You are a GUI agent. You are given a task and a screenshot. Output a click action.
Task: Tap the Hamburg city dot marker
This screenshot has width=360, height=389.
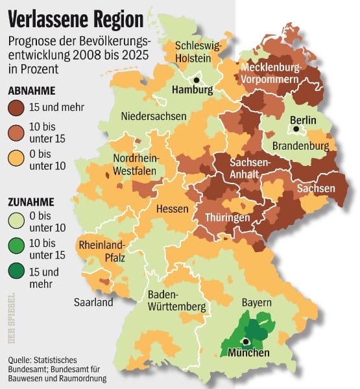click(x=197, y=80)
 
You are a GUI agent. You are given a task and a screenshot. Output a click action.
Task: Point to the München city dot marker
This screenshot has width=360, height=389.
click(x=246, y=341)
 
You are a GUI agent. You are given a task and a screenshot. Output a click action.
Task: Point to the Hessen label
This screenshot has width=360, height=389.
click(x=172, y=209)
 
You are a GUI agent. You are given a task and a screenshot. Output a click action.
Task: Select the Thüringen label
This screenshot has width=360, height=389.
click(x=228, y=218)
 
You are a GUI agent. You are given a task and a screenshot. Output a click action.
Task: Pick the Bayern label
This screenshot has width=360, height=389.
click(x=256, y=302)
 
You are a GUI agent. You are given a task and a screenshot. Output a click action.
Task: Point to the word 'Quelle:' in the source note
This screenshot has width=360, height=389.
click(x=22, y=360)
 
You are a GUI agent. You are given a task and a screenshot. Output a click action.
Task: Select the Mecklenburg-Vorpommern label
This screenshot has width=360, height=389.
click(x=271, y=73)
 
